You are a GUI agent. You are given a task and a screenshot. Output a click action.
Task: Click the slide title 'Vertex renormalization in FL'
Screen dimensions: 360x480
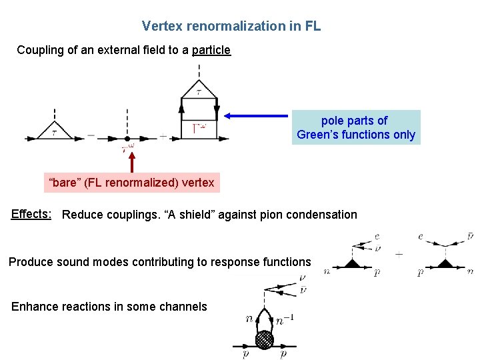click(x=231, y=26)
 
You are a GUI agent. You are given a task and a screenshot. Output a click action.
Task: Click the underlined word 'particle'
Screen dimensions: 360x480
click(x=211, y=50)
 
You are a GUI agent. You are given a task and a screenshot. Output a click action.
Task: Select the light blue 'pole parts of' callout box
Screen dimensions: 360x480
click(x=357, y=127)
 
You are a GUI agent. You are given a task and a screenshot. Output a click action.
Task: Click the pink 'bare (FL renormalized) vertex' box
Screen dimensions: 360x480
click(x=132, y=182)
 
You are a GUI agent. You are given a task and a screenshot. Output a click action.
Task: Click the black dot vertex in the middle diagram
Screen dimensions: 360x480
click(x=127, y=138)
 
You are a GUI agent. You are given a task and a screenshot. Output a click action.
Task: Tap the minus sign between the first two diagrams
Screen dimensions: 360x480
click(x=91, y=135)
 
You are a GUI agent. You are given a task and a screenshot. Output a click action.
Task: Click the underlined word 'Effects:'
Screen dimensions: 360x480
click(x=31, y=214)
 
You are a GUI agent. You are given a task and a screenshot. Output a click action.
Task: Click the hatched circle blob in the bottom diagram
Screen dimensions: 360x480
click(x=265, y=338)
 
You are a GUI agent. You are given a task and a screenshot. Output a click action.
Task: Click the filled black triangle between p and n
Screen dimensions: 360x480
click(x=443, y=265)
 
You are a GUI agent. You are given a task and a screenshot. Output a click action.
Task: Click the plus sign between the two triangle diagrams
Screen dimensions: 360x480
click(x=399, y=255)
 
